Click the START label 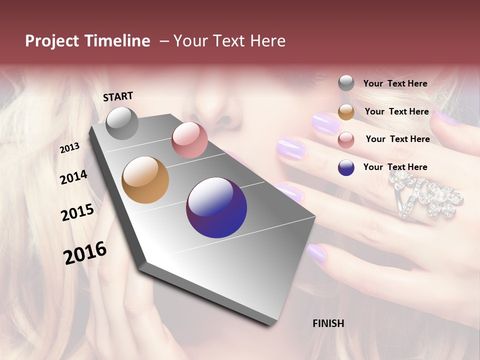pos(118,96)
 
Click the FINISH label pos(328,323)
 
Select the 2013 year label pos(69,147)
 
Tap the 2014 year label pos(73,177)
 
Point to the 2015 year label pos(77,212)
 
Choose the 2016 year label pos(85,252)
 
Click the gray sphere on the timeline pos(122,123)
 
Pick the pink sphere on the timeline pos(189,140)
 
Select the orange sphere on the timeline pos(145,180)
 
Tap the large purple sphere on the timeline pos(216,207)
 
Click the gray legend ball pos(346,83)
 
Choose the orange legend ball pos(346,112)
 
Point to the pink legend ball pos(346,140)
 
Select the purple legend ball pos(346,167)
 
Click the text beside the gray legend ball pos(395,83)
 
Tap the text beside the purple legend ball pos(395,167)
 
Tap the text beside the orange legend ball pos(396,111)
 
